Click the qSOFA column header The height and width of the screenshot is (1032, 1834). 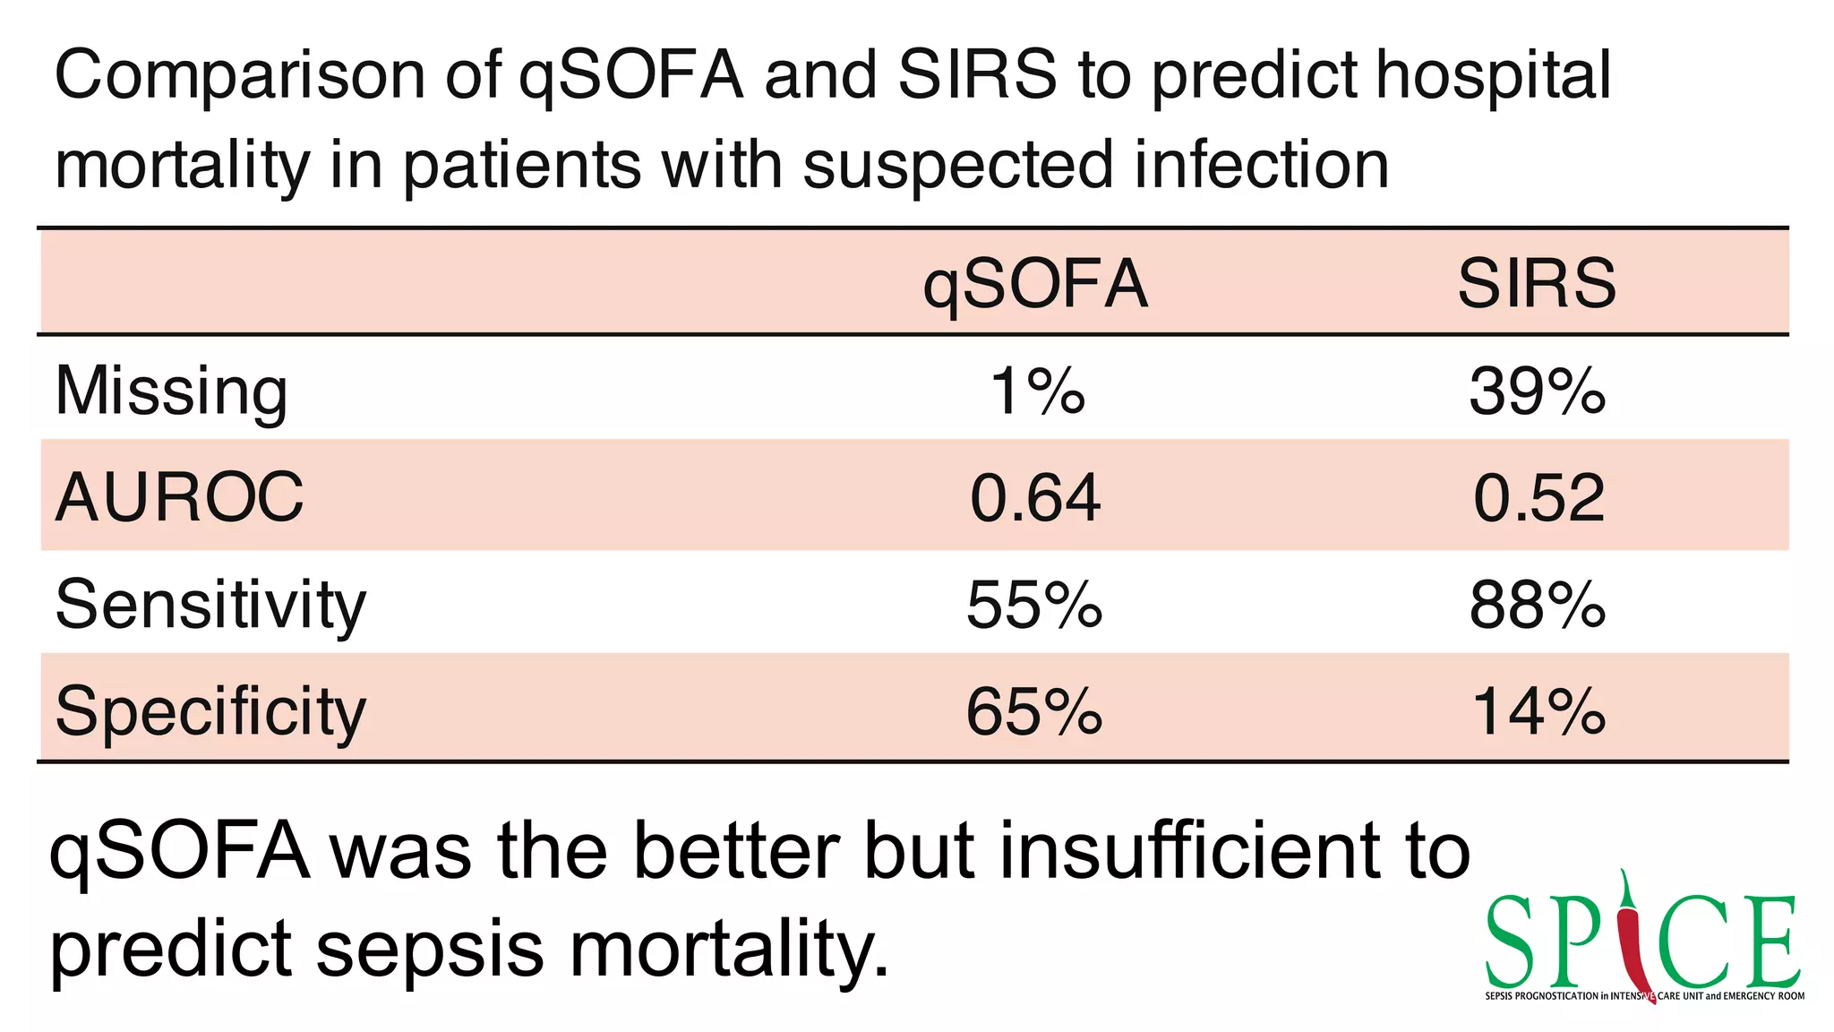pyautogui.click(x=1034, y=284)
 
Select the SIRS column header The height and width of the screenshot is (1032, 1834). pyautogui.click(x=1537, y=284)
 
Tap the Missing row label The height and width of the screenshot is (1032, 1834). pyautogui.click(x=171, y=391)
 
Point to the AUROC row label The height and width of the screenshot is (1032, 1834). pyautogui.click(x=179, y=497)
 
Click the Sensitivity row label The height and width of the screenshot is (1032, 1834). pyautogui.click(x=210, y=605)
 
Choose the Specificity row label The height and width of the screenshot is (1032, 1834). pyautogui.click(x=210, y=711)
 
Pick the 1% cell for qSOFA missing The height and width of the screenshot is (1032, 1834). pyautogui.click(x=1036, y=391)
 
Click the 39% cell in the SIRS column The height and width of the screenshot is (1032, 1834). pyautogui.click(x=1537, y=391)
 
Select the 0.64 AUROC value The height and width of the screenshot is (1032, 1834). pyautogui.click(x=1034, y=497)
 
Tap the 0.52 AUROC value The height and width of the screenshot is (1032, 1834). pyautogui.click(x=1538, y=497)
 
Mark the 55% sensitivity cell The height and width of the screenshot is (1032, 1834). pyautogui.click(x=1034, y=605)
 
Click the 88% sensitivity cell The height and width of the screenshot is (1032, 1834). pyautogui.click(x=1537, y=605)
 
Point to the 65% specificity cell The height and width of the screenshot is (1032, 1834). pyautogui.click(x=1034, y=711)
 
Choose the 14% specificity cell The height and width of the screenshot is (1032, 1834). pyautogui.click(x=1538, y=711)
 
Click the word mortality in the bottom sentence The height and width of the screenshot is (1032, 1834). pyautogui.click(x=730, y=950)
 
